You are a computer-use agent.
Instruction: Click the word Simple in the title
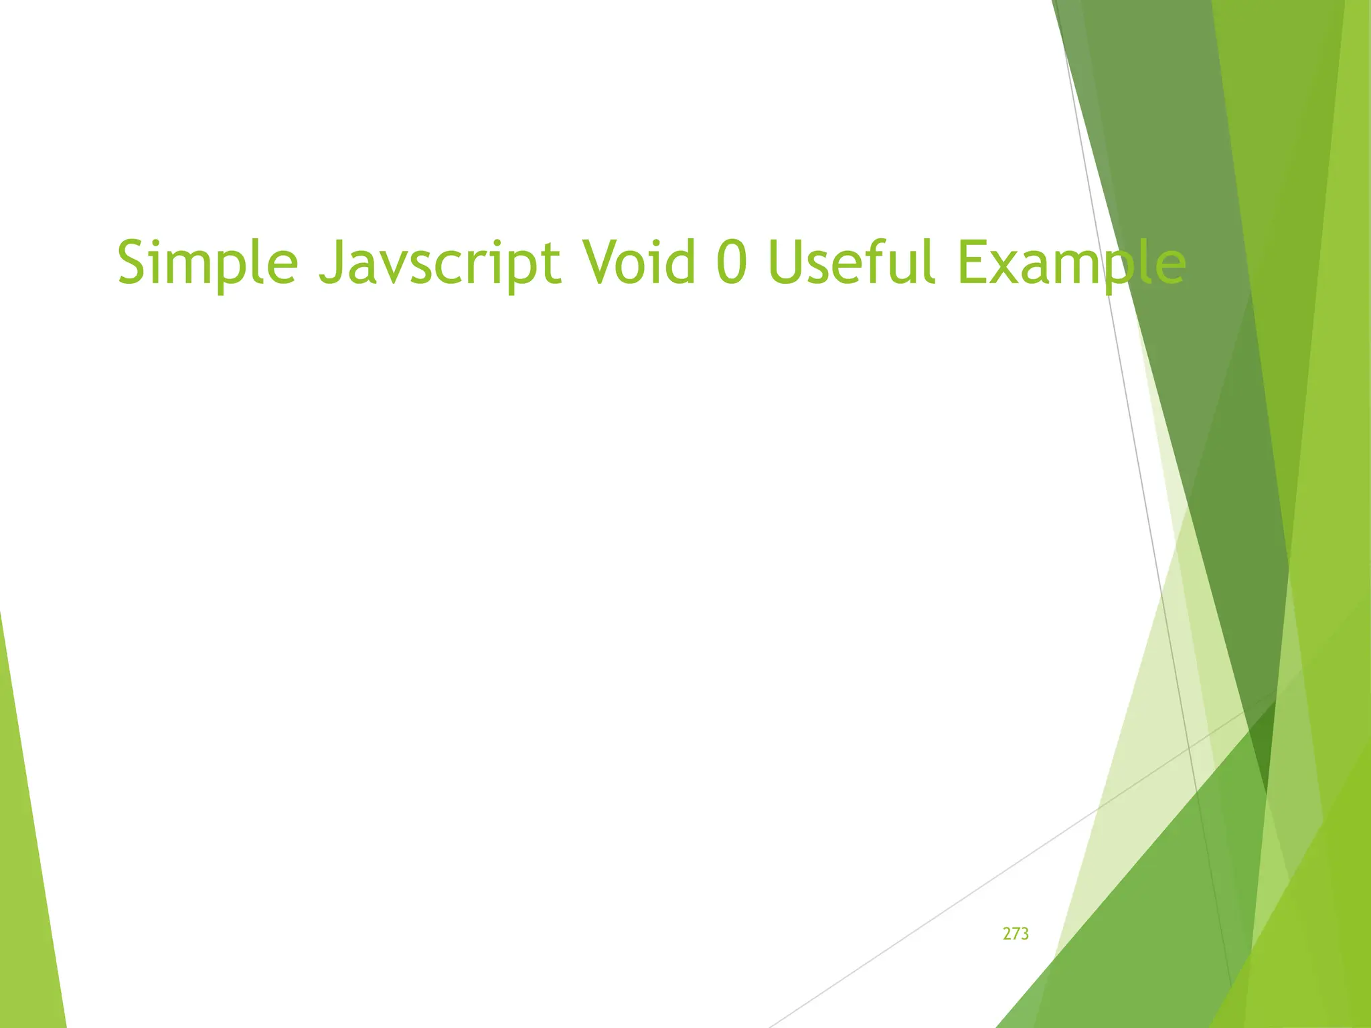[208, 264]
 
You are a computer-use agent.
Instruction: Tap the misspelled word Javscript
[439, 264]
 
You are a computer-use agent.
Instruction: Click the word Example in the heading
[1072, 264]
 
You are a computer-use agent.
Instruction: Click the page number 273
[1016, 934]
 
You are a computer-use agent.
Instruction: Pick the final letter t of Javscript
[552, 264]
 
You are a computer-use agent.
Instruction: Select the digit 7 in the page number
[1016, 934]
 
